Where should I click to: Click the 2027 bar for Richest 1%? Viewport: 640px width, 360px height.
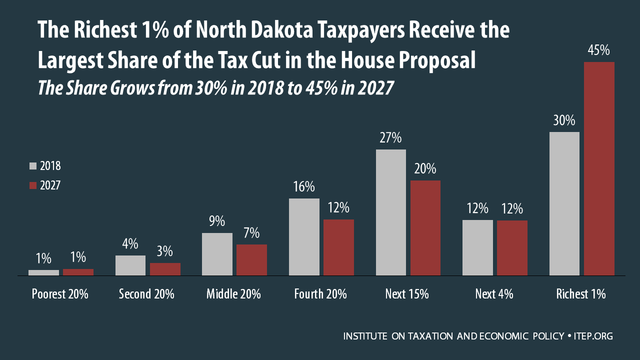599,168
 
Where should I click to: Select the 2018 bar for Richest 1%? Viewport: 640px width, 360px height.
564,203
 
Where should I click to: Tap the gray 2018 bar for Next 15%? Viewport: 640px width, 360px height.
390,212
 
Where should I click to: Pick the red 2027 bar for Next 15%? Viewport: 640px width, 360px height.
425,228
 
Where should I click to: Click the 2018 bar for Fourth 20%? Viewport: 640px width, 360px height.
304,237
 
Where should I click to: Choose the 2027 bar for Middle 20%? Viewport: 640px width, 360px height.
251,260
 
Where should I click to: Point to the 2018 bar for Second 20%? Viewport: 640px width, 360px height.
130,265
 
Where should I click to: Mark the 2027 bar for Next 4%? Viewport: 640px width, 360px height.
512,248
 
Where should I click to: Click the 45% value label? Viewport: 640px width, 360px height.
599,50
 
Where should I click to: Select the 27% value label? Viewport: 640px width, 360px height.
390,138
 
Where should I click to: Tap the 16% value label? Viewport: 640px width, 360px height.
304,187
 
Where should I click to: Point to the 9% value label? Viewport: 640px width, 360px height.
217,221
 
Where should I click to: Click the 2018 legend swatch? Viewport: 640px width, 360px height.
33,166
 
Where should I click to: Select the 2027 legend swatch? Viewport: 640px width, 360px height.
33,185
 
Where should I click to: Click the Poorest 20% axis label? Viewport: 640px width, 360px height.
60,294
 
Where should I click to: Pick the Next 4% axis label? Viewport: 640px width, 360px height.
494,294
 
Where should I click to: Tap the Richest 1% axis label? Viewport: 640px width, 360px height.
581,294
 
